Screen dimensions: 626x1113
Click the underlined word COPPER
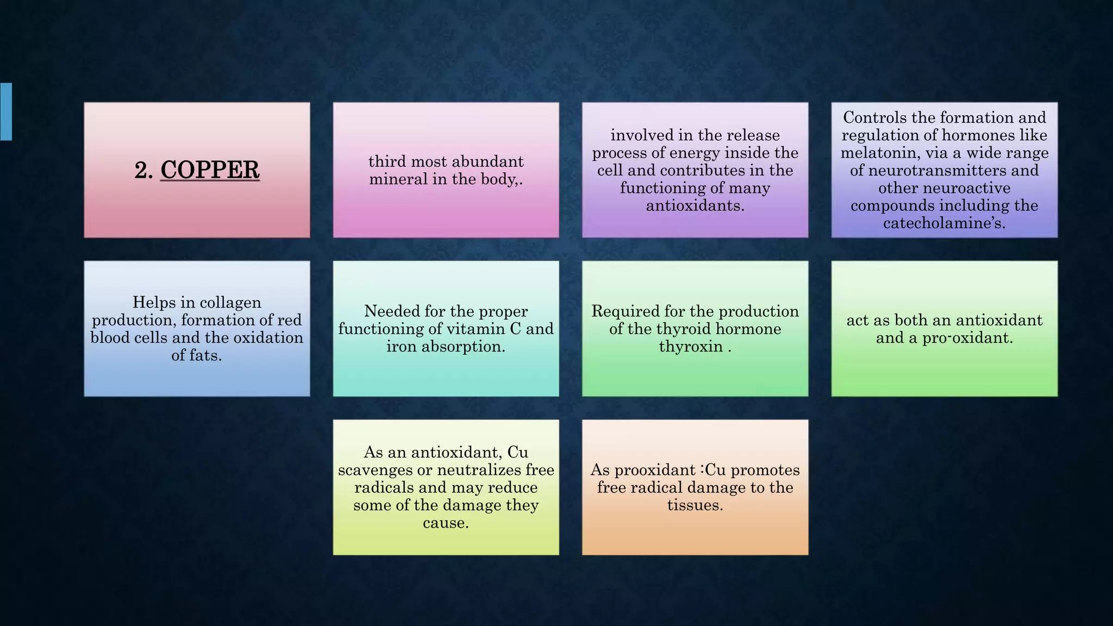click(x=210, y=170)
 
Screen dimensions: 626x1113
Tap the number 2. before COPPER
click(x=143, y=171)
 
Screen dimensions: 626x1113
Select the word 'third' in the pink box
click(x=387, y=161)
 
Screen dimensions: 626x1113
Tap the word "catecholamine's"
click(x=944, y=223)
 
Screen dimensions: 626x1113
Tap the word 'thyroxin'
click(x=690, y=346)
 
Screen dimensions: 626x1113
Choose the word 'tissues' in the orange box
click(x=695, y=505)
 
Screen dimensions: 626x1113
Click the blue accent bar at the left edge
click(x=6, y=112)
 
